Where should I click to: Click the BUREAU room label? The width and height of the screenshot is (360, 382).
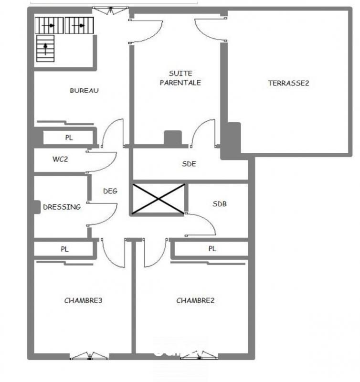pos(85,91)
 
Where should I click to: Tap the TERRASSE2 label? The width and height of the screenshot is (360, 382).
pos(289,83)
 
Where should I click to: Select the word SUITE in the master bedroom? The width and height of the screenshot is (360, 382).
pos(180,74)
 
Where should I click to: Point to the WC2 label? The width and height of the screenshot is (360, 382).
pos(60,159)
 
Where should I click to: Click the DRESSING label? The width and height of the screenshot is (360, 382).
pos(62,207)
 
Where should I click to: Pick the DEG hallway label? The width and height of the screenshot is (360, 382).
pos(110,191)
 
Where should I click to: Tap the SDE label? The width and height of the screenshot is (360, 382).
pos(189,164)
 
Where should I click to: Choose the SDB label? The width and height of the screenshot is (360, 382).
pos(220,204)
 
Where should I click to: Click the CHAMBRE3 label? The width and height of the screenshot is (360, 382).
pos(83,301)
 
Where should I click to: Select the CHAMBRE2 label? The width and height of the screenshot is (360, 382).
pos(195,301)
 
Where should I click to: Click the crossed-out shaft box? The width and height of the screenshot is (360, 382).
pos(159,199)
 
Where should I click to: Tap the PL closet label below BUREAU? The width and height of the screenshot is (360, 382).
pos(69,138)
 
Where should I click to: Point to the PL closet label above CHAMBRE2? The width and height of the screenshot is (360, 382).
pos(212,249)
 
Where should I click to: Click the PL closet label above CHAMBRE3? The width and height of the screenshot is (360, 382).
pos(64,249)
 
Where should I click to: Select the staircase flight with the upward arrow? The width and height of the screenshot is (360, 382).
pos(45,49)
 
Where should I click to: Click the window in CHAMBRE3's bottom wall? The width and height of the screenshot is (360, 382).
pos(89,356)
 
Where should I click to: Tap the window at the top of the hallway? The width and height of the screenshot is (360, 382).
pos(110,10)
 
